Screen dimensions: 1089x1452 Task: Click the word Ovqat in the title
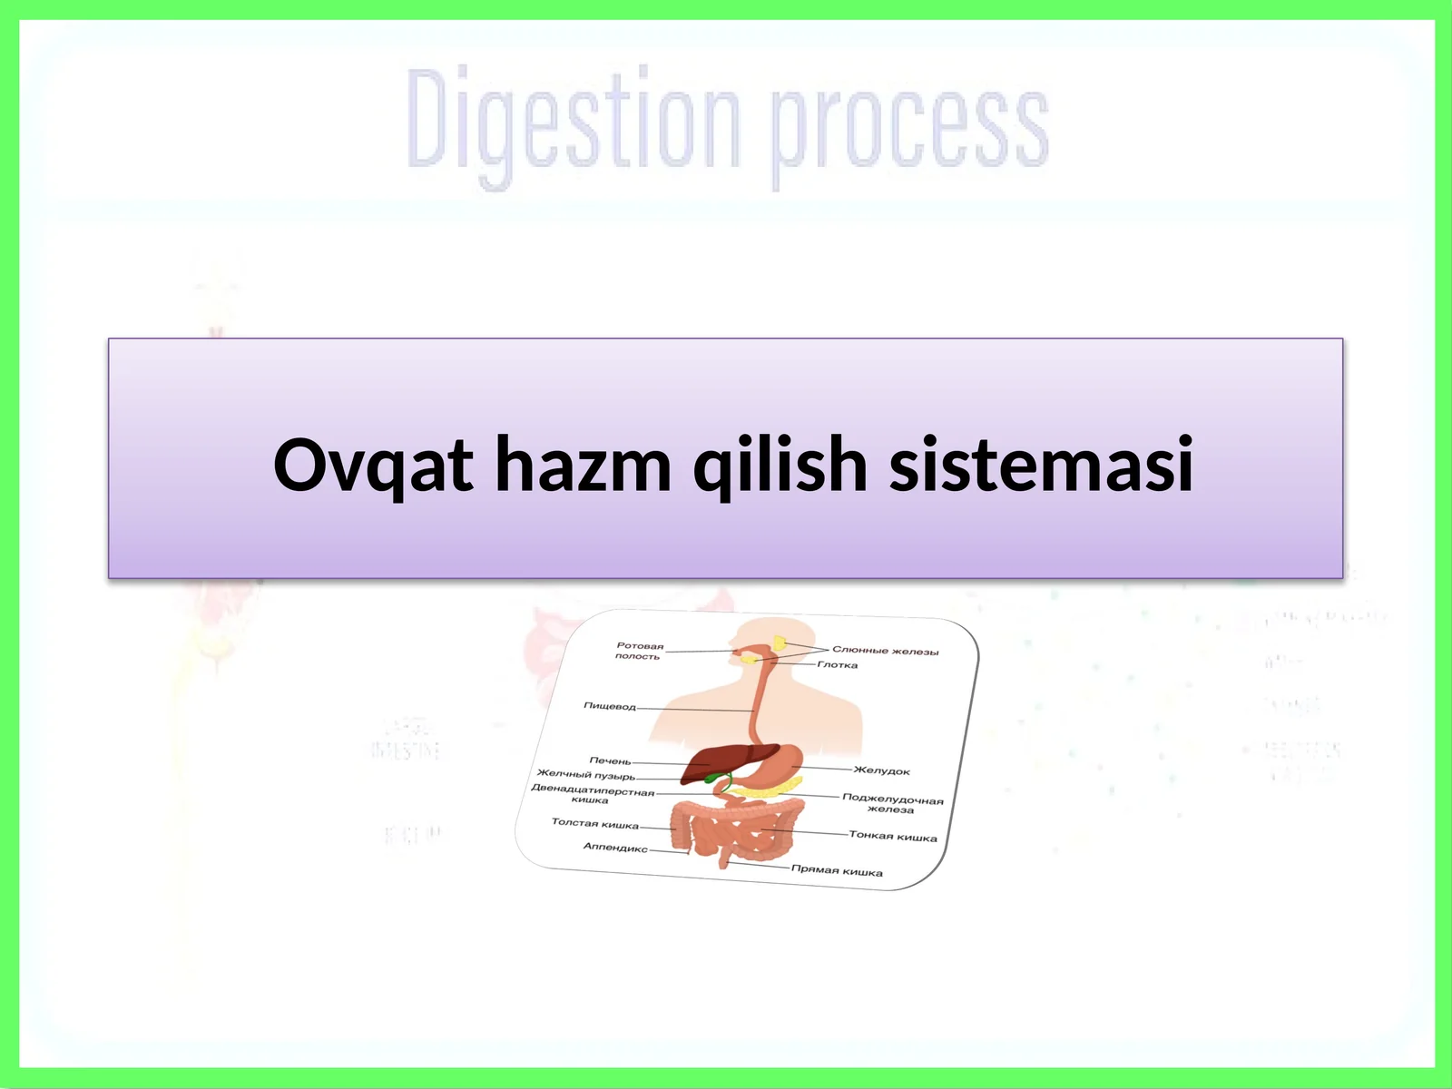point(373,465)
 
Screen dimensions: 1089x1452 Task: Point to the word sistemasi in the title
point(1041,465)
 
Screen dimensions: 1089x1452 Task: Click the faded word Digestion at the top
point(572,123)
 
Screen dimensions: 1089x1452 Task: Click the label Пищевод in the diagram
point(610,706)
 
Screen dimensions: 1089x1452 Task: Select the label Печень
point(610,760)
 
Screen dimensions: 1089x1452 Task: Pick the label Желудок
point(882,770)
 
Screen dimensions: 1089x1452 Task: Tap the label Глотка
point(837,664)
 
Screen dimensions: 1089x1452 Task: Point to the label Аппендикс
point(615,847)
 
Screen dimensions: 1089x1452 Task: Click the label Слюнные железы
point(885,650)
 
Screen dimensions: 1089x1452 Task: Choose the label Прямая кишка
point(837,870)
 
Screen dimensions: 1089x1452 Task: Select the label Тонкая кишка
point(892,836)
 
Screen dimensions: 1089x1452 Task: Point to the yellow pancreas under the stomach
point(762,791)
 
